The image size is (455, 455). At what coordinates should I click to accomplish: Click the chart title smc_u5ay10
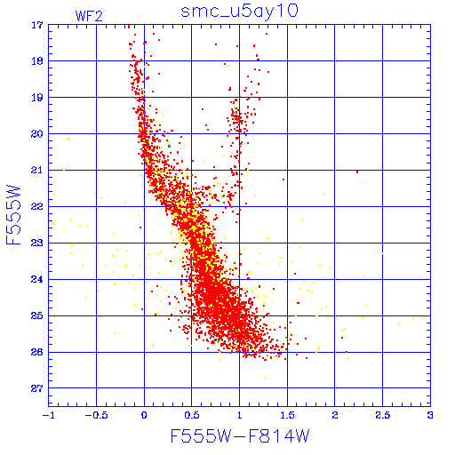pyautogui.click(x=239, y=12)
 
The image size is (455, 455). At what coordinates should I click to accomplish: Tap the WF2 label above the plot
pyautogui.click(x=89, y=16)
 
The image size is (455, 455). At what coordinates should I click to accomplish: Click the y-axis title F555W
pyautogui.click(x=13, y=215)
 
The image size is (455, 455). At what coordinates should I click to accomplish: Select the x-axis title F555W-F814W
pyautogui.click(x=240, y=436)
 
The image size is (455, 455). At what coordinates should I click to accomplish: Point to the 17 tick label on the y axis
pyautogui.click(x=37, y=25)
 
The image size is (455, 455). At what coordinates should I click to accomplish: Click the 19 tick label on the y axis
pyautogui.click(x=37, y=98)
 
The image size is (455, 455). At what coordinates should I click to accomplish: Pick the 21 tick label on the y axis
pyautogui.click(x=37, y=170)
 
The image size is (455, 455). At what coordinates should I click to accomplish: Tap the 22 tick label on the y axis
pyautogui.click(x=37, y=206)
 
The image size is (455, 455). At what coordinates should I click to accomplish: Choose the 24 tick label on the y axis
pyautogui.click(x=37, y=279)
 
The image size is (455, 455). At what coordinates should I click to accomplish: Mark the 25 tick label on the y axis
pyautogui.click(x=37, y=315)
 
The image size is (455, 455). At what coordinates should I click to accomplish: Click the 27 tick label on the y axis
pyautogui.click(x=37, y=388)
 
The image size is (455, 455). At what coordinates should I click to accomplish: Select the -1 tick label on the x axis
pyautogui.click(x=49, y=415)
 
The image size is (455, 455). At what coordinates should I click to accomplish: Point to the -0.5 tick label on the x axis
pyautogui.click(x=96, y=415)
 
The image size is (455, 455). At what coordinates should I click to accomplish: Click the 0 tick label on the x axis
pyautogui.click(x=144, y=415)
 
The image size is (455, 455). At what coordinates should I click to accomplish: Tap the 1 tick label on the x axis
pyautogui.click(x=240, y=415)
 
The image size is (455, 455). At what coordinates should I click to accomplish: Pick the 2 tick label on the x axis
pyautogui.click(x=335, y=415)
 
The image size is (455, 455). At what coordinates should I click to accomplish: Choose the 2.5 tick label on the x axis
pyautogui.click(x=383, y=415)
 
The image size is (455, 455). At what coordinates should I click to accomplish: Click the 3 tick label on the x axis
pyautogui.click(x=430, y=415)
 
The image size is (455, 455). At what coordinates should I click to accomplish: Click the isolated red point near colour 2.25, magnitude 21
pyautogui.click(x=357, y=172)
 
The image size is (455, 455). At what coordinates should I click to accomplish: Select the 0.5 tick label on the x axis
pyautogui.click(x=192, y=415)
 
